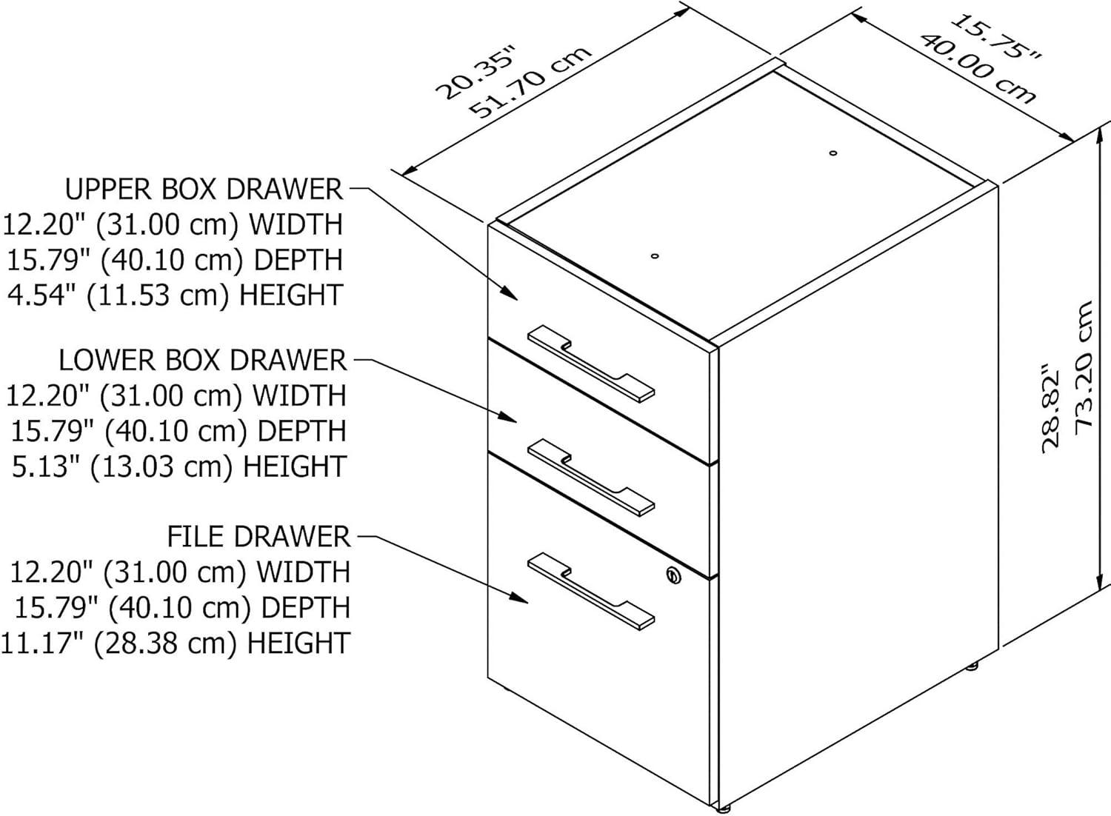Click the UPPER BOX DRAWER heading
pyautogui.click(x=204, y=190)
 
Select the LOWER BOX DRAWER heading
pyautogui.click(x=202, y=361)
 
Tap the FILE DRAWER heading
pyautogui.click(x=258, y=537)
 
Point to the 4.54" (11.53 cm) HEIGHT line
pyautogui.click(x=175, y=295)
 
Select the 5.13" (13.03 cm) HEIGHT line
pyautogui.click(x=179, y=466)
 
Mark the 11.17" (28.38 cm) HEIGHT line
pyautogui.click(x=175, y=643)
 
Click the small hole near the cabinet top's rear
pyautogui.click(x=833, y=153)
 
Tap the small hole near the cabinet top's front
pyautogui.click(x=654, y=256)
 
